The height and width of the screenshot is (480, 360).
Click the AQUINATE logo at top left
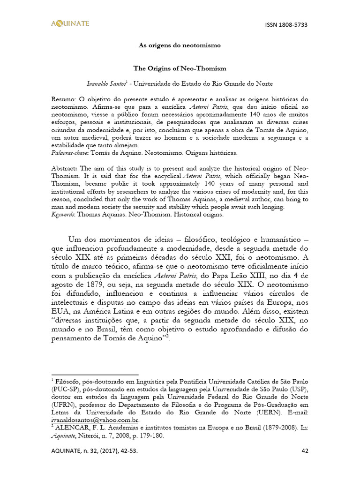tap(70, 23)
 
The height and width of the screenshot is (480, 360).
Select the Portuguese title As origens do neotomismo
tap(180, 45)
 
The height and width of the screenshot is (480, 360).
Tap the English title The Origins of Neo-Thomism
tap(180, 68)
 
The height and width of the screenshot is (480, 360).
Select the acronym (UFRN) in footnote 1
tap(65, 405)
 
